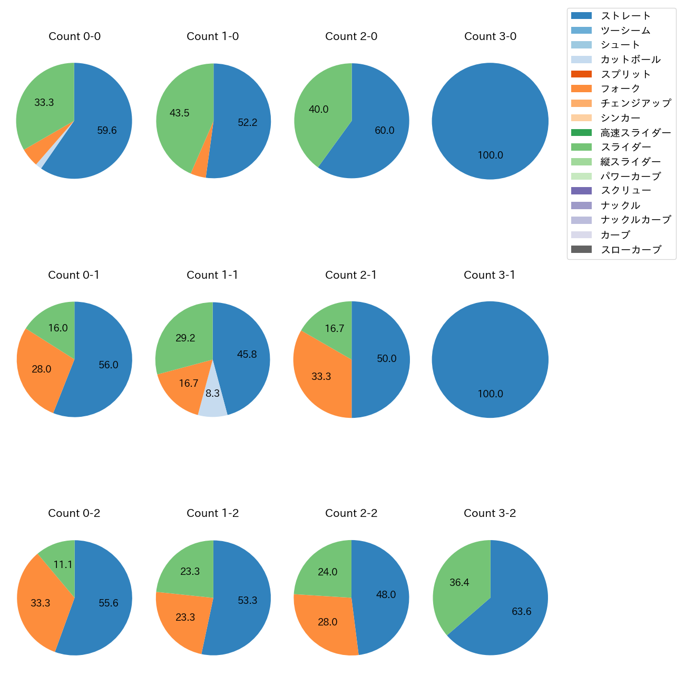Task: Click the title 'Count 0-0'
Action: (x=74, y=36)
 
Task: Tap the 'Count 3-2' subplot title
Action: (x=490, y=513)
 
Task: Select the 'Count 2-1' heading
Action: (x=351, y=275)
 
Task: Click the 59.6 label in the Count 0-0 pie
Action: (x=107, y=131)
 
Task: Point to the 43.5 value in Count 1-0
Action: (x=180, y=113)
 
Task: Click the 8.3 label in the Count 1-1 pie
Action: (x=212, y=394)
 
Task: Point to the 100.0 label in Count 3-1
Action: (x=491, y=394)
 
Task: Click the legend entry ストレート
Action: (x=625, y=16)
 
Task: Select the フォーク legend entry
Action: (x=620, y=89)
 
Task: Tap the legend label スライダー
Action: (x=625, y=147)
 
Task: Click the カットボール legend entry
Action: (x=630, y=60)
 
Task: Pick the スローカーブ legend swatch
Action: (x=581, y=249)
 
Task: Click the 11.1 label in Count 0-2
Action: (x=63, y=565)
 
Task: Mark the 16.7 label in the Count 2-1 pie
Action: (x=335, y=329)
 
